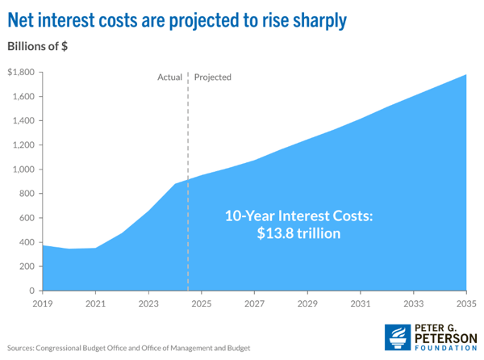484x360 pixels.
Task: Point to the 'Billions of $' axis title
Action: click(38, 47)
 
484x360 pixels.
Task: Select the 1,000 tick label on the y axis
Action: click(22, 170)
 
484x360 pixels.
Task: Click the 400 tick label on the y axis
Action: click(25, 242)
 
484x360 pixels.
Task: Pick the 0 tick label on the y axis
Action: click(32, 291)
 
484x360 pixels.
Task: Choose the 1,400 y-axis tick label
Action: click(22, 121)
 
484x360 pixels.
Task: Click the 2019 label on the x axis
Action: click(43, 304)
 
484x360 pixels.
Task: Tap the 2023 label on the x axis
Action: click(148, 304)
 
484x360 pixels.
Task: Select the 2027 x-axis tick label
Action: click(254, 304)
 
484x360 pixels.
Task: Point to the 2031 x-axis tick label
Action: click(361, 304)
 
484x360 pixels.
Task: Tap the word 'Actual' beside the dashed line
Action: click(169, 77)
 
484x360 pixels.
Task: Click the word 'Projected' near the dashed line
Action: click(213, 77)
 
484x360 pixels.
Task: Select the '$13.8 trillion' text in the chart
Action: click(296, 234)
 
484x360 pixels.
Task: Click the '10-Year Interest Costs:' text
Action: click(296, 216)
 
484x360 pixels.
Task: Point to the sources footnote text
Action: click(128, 347)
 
